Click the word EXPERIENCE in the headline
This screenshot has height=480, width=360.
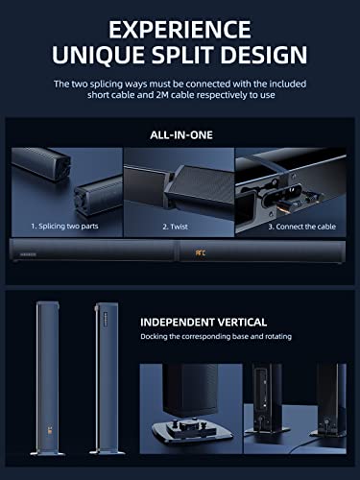(x=180, y=26)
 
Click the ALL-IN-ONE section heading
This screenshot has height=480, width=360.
(x=180, y=137)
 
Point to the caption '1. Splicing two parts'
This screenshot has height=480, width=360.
(x=63, y=228)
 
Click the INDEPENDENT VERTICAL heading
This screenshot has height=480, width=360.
(x=204, y=323)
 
